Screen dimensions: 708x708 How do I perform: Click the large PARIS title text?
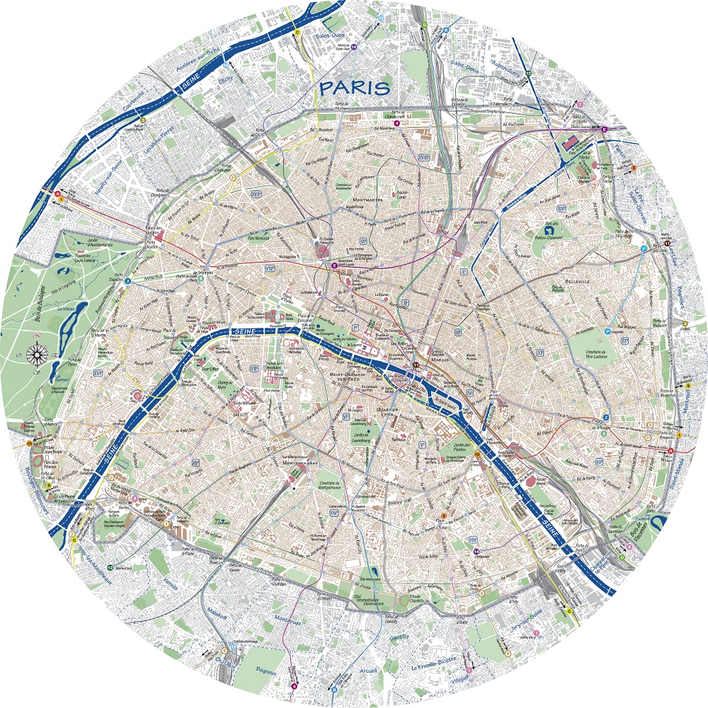pos(355,88)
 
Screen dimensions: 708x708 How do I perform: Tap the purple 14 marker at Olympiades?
pos(476,551)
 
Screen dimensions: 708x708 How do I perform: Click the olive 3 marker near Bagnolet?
pos(685,325)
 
